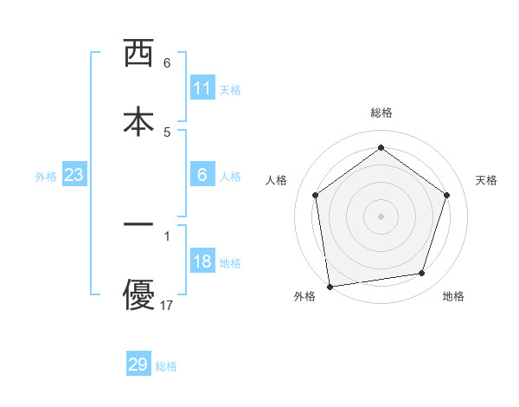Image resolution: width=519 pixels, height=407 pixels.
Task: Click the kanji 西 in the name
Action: pos(138,54)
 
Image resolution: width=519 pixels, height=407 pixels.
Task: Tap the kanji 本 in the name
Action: pos(138,120)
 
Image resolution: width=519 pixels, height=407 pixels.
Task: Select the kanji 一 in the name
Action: pos(138,224)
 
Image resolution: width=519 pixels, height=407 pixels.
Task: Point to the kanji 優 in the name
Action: pos(138,294)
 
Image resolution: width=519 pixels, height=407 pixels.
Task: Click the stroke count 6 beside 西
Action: pos(167,63)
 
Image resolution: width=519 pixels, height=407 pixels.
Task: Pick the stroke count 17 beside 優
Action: pos(168,306)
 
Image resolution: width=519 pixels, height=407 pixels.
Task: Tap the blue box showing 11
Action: pos(202,88)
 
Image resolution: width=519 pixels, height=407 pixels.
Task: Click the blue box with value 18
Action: pos(202,262)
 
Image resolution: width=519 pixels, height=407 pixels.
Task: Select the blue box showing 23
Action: pos(74,176)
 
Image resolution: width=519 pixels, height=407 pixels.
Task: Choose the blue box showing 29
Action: pos(138,365)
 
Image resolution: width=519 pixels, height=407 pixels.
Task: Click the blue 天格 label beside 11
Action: pos(230,89)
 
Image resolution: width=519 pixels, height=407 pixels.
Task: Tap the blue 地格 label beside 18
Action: pos(230,263)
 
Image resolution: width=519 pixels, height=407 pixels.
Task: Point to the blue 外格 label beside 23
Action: pos(46,177)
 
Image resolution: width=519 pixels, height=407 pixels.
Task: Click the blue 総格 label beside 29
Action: pos(166,366)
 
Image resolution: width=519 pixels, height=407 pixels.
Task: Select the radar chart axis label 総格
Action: pos(381,113)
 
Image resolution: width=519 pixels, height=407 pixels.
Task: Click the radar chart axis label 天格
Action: pos(486,180)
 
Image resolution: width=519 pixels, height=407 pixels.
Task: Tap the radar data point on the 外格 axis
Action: pos(330,286)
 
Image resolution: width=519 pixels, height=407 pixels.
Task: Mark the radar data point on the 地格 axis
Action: pos(422,274)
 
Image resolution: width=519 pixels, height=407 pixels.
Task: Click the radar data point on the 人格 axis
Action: pos(315,195)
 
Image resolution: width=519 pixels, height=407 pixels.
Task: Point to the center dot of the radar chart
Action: pos(381,216)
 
